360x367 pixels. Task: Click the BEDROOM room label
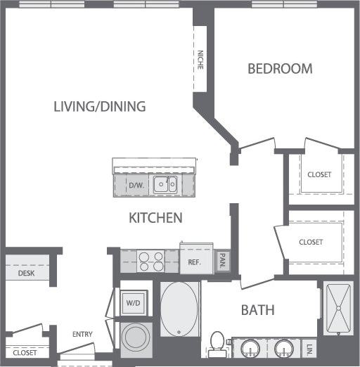280,69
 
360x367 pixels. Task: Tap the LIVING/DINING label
100,107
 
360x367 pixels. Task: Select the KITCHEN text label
155,218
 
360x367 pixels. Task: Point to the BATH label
257,310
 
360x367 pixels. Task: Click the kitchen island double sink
166,184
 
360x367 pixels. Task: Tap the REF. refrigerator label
195,262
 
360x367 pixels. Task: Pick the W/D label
133,304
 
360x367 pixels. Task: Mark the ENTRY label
82,334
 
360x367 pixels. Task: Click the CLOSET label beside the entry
24,352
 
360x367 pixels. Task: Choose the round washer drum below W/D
133,336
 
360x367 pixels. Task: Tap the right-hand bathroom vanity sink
285,347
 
